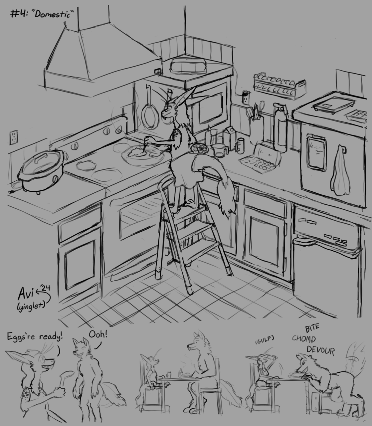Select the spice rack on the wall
[x=279, y=86]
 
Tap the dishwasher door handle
[x=305, y=241]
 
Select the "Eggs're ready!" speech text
[x=35, y=337]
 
